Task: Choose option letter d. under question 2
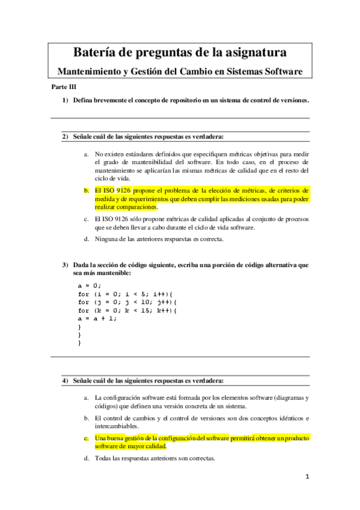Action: point(87,239)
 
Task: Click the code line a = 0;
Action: point(90,285)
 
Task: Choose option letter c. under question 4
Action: point(87,438)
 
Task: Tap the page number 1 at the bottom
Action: point(307,478)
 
